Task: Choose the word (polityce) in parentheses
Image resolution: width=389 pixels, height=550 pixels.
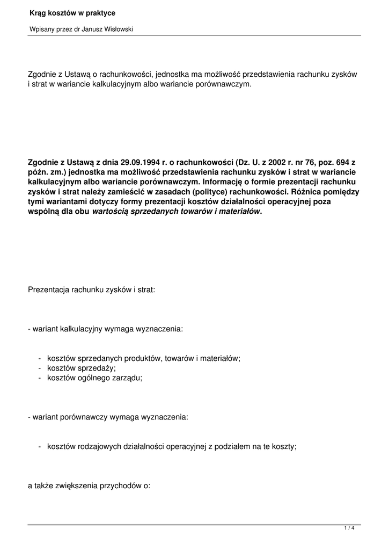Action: click(x=193, y=192)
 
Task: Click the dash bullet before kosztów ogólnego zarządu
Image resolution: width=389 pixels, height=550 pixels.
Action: click(x=40, y=378)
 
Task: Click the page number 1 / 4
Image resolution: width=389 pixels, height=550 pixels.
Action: click(x=349, y=529)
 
